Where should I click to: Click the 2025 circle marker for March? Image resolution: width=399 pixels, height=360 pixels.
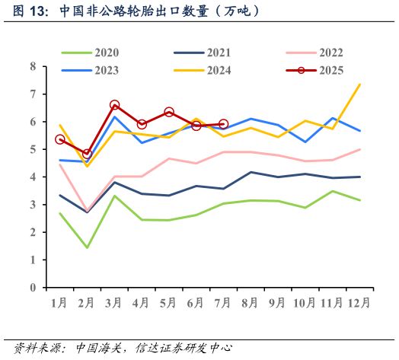click(x=114, y=105)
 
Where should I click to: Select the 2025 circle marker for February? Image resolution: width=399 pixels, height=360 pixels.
click(x=87, y=155)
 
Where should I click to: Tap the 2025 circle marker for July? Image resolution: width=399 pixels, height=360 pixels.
click(x=223, y=124)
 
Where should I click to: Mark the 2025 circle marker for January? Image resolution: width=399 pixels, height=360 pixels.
click(x=60, y=139)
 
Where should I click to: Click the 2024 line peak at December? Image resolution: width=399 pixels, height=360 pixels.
click(x=359, y=84)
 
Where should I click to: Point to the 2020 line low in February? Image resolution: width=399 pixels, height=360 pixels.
click(x=87, y=247)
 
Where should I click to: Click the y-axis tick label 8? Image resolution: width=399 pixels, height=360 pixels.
click(x=33, y=67)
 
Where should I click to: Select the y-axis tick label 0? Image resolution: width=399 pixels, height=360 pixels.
click(x=33, y=288)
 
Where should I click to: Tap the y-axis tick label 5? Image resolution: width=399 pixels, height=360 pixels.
click(x=33, y=150)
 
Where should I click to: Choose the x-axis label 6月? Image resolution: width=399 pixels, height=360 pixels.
click(x=196, y=303)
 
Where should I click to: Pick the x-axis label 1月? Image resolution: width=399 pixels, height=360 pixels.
click(x=59, y=303)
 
